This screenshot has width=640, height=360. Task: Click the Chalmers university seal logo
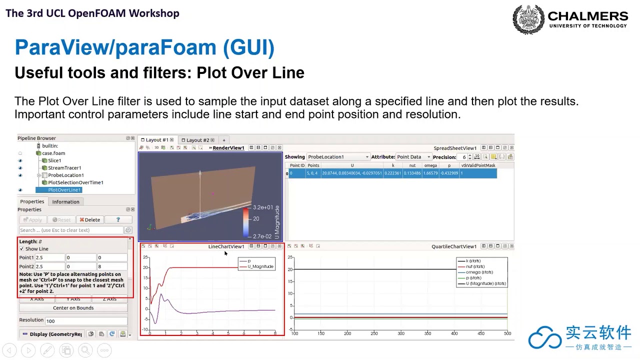(x=528, y=19)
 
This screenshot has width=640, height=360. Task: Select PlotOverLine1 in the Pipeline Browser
(x=64, y=190)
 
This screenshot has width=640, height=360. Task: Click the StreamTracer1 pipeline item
(x=64, y=168)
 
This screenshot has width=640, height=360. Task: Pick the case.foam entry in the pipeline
(x=53, y=153)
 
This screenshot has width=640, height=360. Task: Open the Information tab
(x=65, y=201)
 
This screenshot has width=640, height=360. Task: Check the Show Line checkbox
(x=21, y=249)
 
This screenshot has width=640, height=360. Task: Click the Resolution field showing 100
(x=85, y=320)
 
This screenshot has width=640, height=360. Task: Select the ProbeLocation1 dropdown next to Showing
(x=338, y=157)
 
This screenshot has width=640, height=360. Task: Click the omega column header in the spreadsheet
(x=430, y=165)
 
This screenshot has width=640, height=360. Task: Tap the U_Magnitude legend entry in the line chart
(x=260, y=266)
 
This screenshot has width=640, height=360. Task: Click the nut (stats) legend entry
(x=475, y=266)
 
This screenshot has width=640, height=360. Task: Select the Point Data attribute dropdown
(x=413, y=157)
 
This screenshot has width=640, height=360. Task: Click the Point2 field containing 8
(x=112, y=266)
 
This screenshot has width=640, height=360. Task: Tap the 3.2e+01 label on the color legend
(x=262, y=207)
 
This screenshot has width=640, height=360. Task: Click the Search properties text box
(x=71, y=230)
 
